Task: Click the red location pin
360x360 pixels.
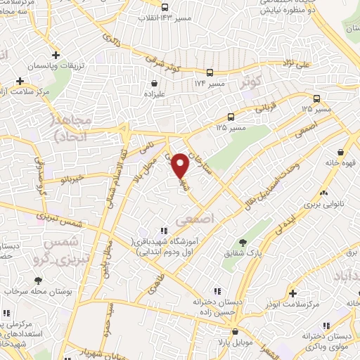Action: coord(181,165)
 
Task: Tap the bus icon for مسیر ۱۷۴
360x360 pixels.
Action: coord(210,72)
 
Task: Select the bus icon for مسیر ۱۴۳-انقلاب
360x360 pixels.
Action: coord(165,8)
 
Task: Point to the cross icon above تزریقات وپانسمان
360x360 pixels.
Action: coord(56,55)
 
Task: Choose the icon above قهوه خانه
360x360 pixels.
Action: coord(340,151)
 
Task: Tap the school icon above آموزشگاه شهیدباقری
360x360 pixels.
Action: coord(163,230)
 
